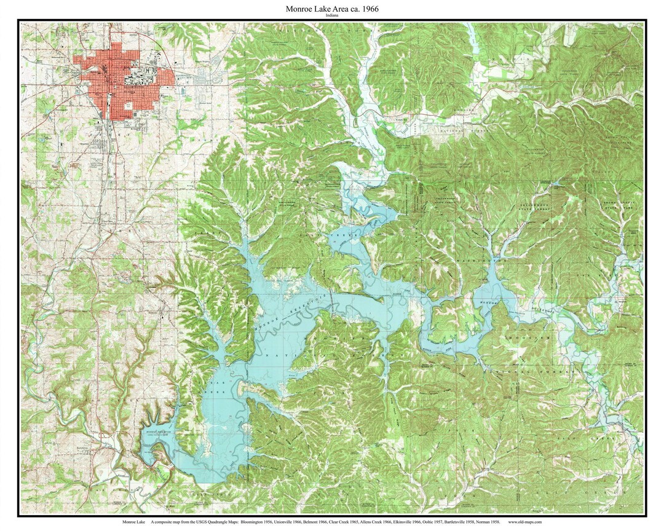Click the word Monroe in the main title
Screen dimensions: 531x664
tap(299, 9)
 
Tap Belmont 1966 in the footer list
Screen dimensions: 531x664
tap(318, 522)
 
